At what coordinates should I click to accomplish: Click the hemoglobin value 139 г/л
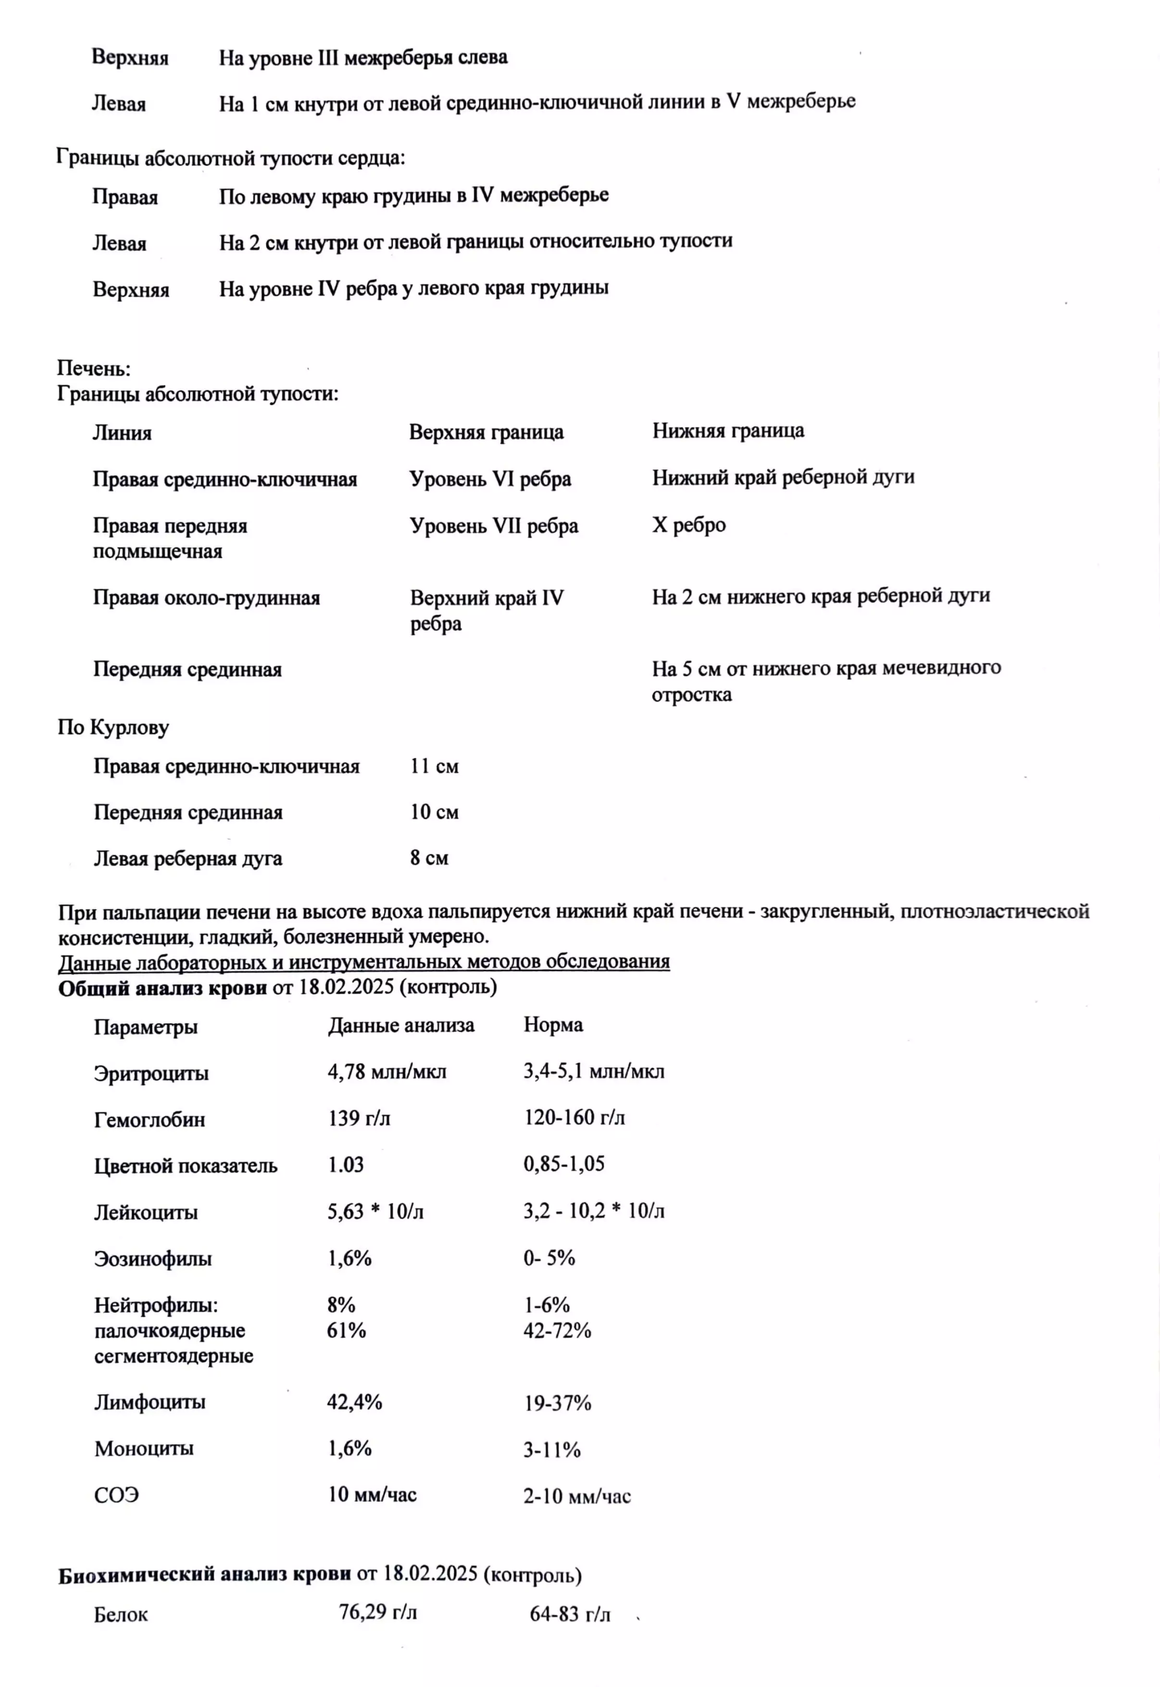click(359, 1118)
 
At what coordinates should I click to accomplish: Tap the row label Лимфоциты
click(150, 1401)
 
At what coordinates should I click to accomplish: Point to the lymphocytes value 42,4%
click(355, 1401)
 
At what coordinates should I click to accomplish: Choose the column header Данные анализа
click(400, 1025)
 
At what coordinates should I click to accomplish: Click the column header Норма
click(553, 1025)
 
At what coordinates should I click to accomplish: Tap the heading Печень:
click(94, 369)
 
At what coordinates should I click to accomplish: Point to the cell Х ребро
click(689, 525)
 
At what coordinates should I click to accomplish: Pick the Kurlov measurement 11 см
click(434, 766)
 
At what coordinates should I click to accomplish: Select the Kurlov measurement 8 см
click(429, 858)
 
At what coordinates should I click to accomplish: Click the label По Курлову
click(113, 727)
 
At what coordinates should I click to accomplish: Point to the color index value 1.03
click(346, 1164)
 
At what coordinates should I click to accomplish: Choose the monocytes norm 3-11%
click(552, 1450)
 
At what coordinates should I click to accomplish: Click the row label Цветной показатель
click(186, 1166)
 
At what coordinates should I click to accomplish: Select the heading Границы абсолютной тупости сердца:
click(230, 158)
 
